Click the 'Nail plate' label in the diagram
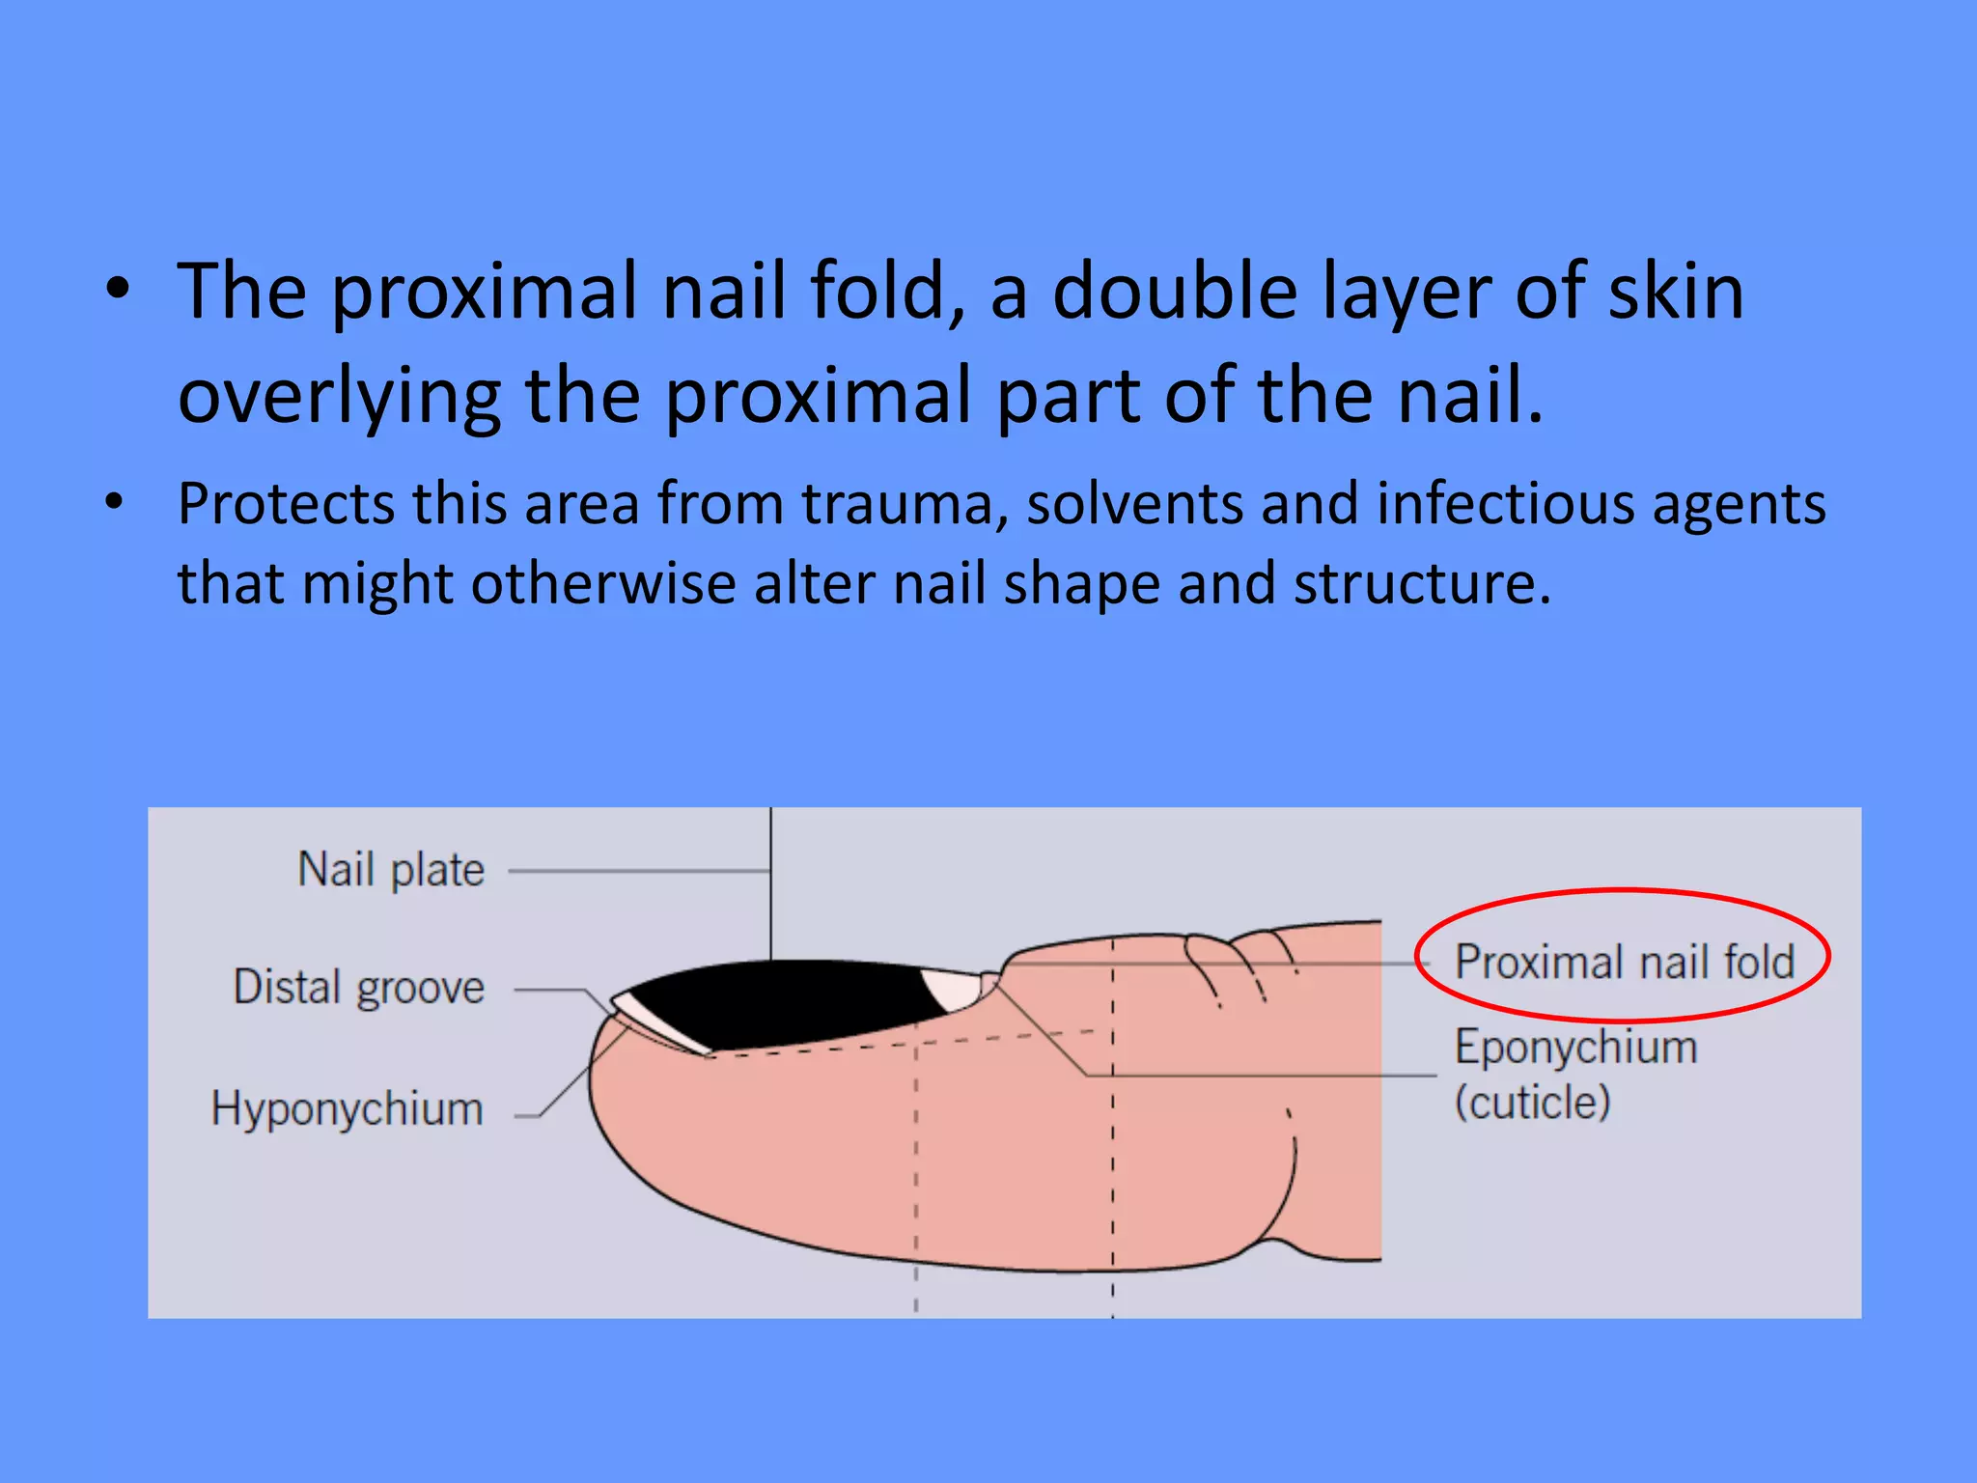click(x=391, y=870)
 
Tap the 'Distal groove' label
click(x=359, y=988)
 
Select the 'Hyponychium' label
click(x=348, y=1108)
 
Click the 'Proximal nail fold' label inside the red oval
click(x=1625, y=962)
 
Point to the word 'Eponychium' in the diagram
click(x=1575, y=1048)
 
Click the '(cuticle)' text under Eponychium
click(x=1533, y=1103)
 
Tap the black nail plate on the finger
click(x=782, y=1004)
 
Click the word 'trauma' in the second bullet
click(x=905, y=505)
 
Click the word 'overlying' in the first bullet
click(x=339, y=396)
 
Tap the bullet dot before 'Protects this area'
click(x=115, y=502)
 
